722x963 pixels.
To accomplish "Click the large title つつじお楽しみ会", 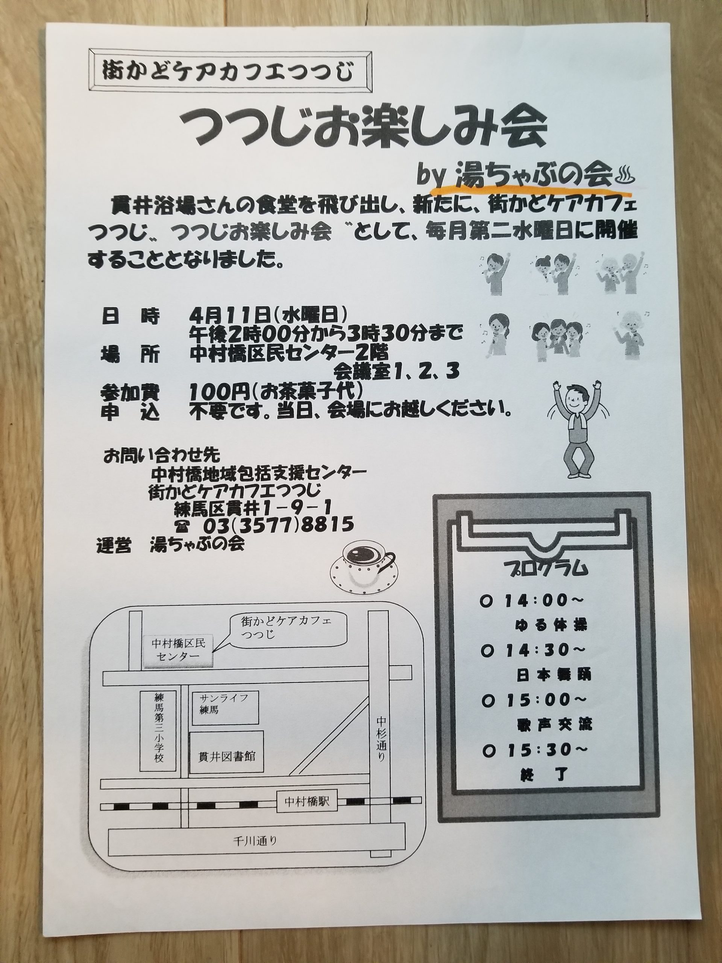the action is pyautogui.click(x=365, y=131).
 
